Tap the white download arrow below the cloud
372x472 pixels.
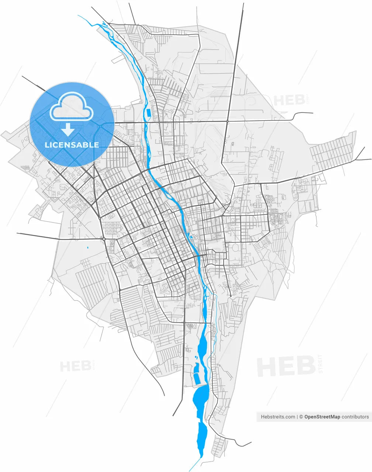68,129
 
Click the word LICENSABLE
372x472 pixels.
72,145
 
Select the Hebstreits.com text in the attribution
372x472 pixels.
278,417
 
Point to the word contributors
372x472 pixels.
355,417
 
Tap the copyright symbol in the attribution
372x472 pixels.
301,417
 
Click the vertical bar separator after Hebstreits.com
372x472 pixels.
297,417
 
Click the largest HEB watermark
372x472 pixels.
286,366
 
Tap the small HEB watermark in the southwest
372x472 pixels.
75,366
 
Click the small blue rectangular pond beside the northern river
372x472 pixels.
148,112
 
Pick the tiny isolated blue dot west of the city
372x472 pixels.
88,247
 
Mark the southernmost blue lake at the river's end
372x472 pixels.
202,437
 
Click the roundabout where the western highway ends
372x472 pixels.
104,239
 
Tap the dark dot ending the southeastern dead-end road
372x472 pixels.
230,296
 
